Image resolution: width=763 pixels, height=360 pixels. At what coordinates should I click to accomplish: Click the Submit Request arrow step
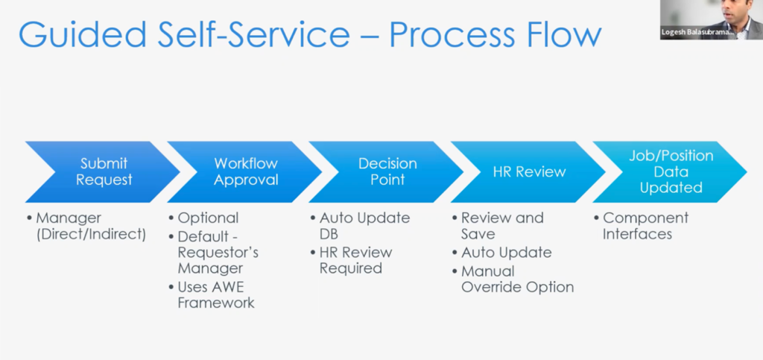pyautogui.click(x=104, y=171)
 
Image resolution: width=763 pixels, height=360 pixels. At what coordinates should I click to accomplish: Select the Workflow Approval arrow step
pyautogui.click(x=245, y=171)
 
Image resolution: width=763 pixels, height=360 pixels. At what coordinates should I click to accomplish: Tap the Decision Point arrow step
pyautogui.click(x=387, y=171)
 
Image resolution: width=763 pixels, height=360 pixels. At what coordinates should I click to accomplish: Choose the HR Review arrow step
pyautogui.click(x=528, y=171)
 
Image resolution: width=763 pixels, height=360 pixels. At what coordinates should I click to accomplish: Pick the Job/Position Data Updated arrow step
pyautogui.click(x=670, y=171)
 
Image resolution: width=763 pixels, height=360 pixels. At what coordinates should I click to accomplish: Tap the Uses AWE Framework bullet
pyautogui.click(x=215, y=294)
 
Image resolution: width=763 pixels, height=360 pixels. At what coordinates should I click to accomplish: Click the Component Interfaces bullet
pyautogui.click(x=645, y=226)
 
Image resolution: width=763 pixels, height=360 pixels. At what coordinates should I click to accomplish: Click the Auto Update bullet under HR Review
pyautogui.click(x=506, y=252)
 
